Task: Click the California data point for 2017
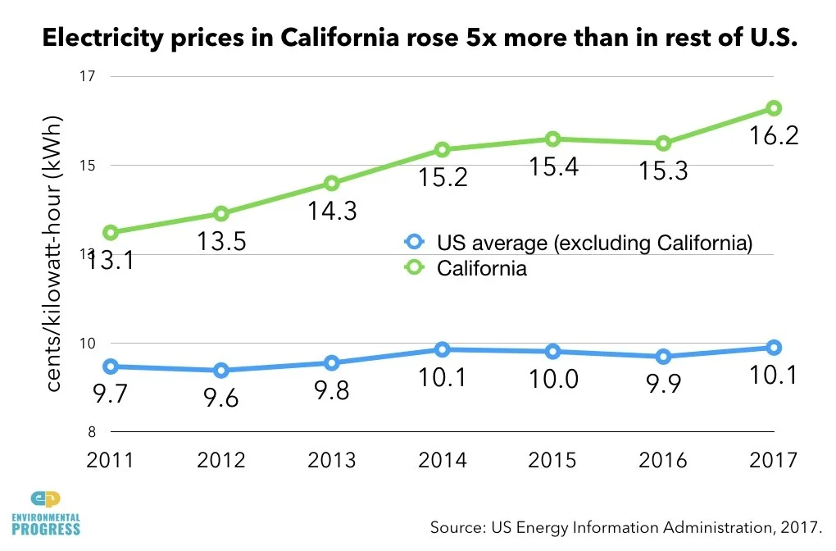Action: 773,108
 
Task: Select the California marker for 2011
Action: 111,233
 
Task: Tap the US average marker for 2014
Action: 443,350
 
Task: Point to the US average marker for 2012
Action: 221,371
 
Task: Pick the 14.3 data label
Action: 332,211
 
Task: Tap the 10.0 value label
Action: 553,379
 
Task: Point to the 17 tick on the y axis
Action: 88,77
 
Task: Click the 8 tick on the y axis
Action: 91,432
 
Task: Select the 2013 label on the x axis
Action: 332,460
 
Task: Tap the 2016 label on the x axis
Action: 663,460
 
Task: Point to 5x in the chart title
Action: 476,39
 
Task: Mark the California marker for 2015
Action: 553,139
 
